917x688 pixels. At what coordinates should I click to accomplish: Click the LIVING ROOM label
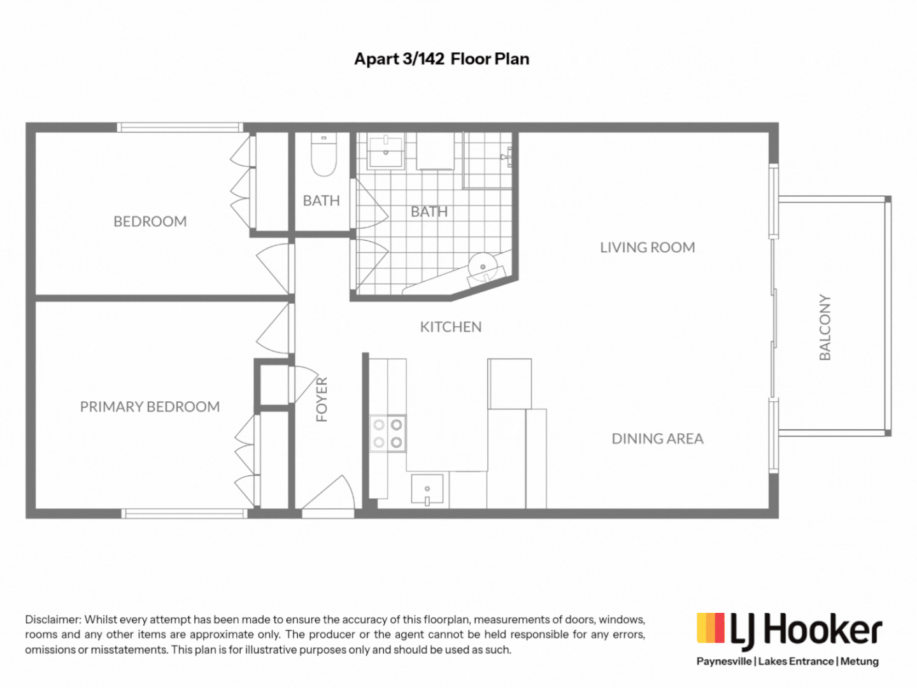click(647, 247)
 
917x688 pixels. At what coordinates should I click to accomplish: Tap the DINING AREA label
click(657, 438)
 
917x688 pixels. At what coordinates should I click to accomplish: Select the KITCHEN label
click(450, 327)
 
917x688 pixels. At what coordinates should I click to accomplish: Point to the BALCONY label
click(825, 327)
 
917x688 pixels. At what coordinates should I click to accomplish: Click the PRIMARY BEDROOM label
click(150, 406)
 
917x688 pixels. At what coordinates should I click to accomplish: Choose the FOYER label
click(322, 399)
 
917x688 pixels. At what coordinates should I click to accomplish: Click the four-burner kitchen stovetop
click(388, 433)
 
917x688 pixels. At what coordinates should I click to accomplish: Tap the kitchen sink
click(427, 489)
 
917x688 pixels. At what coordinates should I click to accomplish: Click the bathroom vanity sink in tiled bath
click(385, 152)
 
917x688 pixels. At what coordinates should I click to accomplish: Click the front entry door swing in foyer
click(331, 494)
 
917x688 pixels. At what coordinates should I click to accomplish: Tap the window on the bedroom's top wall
click(180, 127)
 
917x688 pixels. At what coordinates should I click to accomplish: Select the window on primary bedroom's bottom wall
click(185, 513)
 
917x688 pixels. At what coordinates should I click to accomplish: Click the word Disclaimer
click(53, 619)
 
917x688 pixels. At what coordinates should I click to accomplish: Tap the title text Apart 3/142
click(399, 59)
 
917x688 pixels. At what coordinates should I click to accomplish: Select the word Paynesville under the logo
click(723, 661)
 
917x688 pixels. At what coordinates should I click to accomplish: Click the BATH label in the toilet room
click(321, 201)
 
